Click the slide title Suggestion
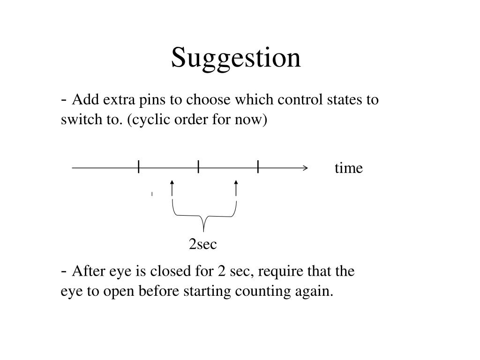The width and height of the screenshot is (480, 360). (236, 58)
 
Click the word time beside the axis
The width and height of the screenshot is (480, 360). (349, 168)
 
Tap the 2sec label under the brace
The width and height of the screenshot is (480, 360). (202, 244)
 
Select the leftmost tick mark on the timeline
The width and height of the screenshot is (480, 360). (139, 166)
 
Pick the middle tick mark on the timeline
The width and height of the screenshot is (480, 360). (198, 166)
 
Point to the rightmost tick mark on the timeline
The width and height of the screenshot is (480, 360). (258, 166)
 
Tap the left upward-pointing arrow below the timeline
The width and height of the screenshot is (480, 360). (172, 188)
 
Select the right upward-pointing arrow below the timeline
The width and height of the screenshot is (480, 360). (236, 188)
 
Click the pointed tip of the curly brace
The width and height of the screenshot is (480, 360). (203, 232)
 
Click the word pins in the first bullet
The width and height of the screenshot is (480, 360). (152, 100)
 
